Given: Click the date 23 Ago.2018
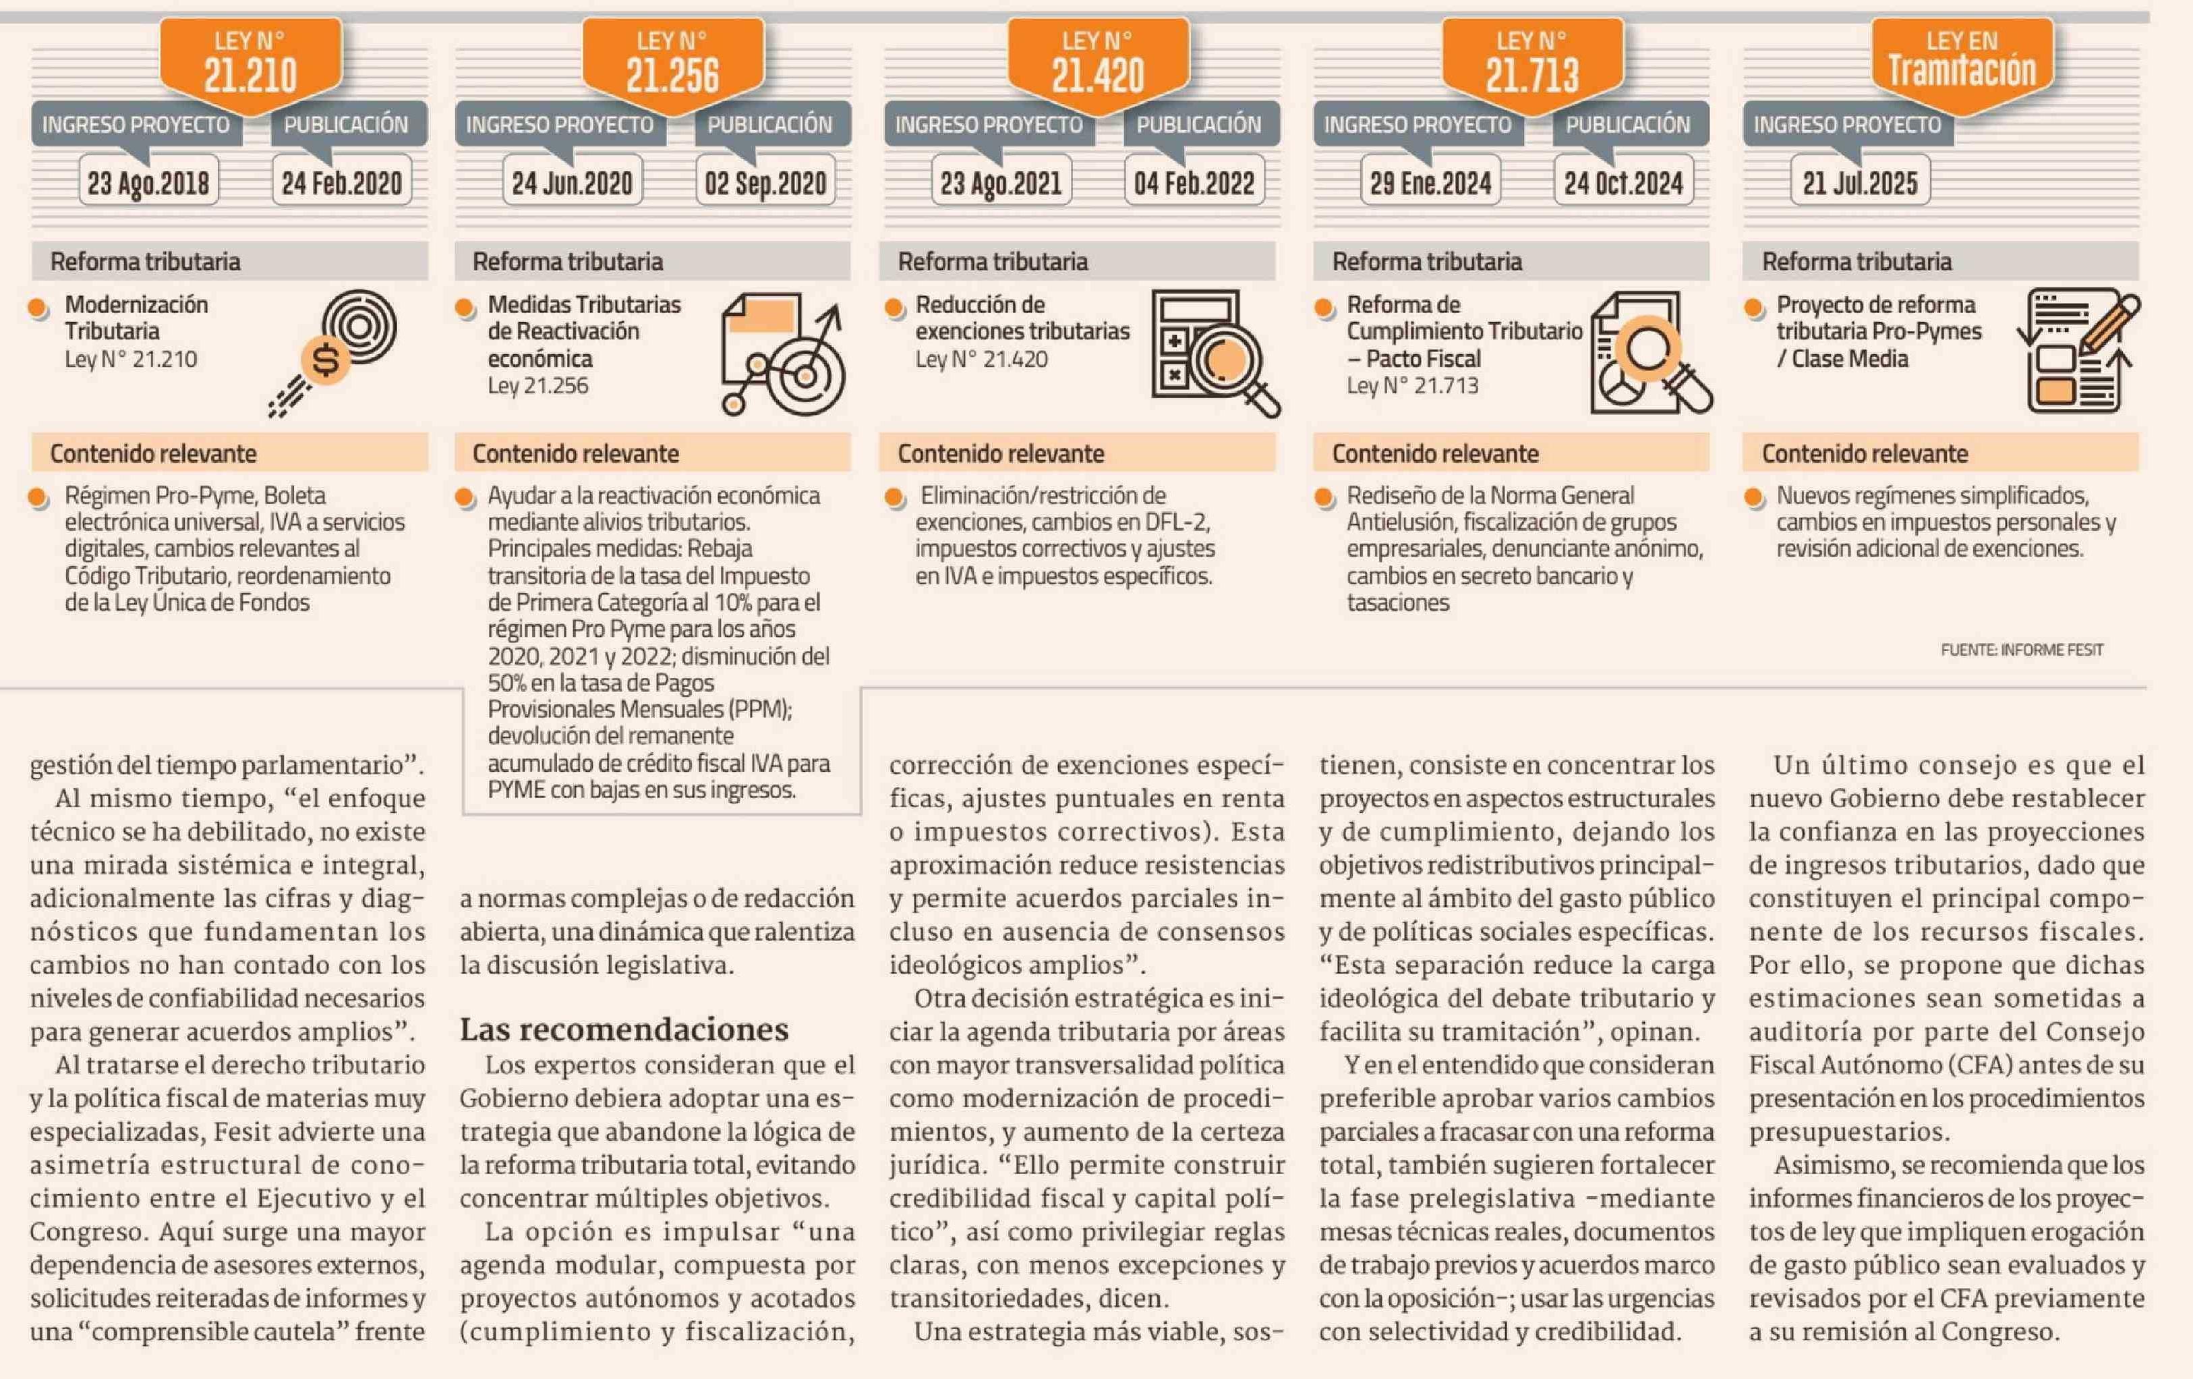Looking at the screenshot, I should (x=148, y=183).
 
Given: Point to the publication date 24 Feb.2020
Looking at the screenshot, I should (x=341, y=183).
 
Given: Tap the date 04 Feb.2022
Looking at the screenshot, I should (x=1194, y=183).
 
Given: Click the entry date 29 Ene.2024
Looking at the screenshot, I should (x=1431, y=183).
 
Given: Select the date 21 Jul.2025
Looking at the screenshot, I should (x=1861, y=183).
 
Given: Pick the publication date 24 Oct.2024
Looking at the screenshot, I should (x=1624, y=183).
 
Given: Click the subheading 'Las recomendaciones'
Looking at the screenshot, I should (x=624, y=1030).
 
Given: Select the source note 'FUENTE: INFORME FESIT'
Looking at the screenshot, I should (x=2022, y=650).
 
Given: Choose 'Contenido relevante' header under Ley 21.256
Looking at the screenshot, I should (x=576, y=453).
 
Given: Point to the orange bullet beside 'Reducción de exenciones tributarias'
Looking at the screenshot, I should (x=894, y=308).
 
